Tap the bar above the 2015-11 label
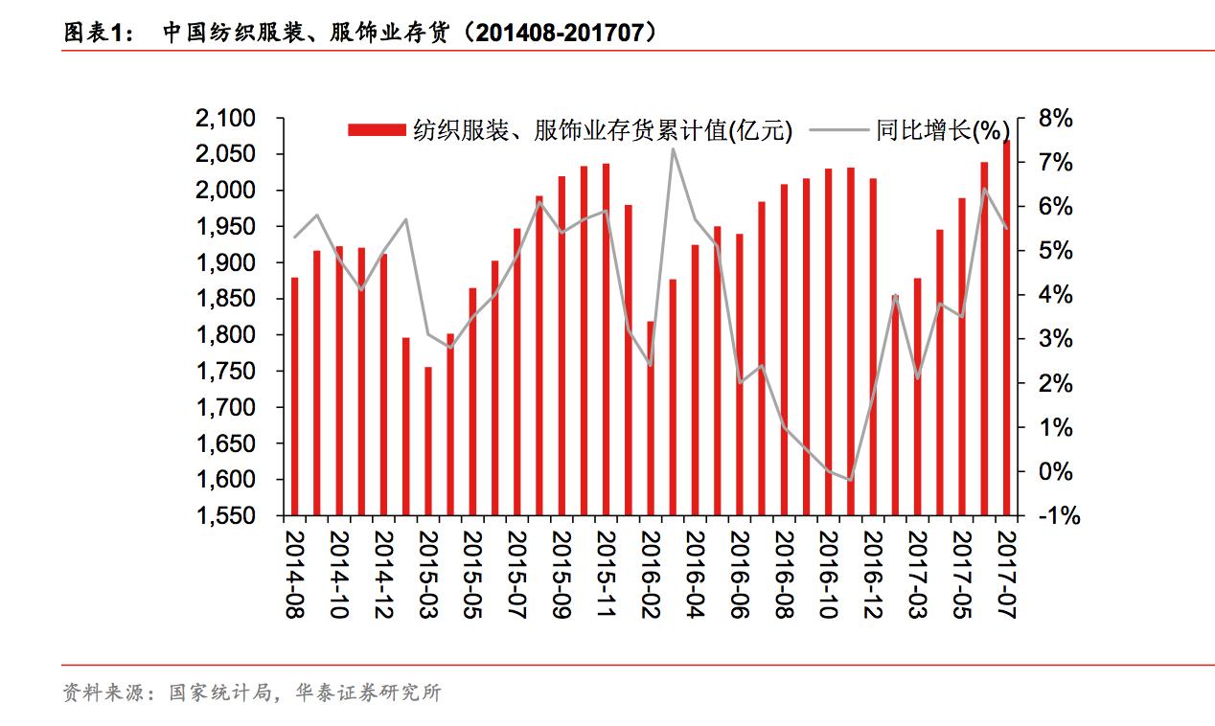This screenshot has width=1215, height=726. pos(606,339)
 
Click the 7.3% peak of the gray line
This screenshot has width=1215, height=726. pos(673,148)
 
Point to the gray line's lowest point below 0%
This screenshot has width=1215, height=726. pos(849,480)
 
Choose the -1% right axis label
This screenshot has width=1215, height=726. pos(1058,516)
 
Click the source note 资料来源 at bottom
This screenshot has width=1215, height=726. pos(101,692)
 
